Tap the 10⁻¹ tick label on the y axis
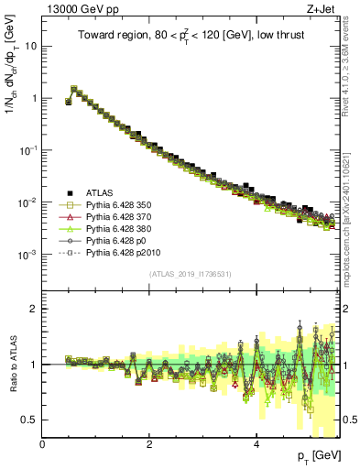point(27,149)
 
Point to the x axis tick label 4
point(257,444)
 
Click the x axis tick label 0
point(43,444)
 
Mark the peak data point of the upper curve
point(74,89)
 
